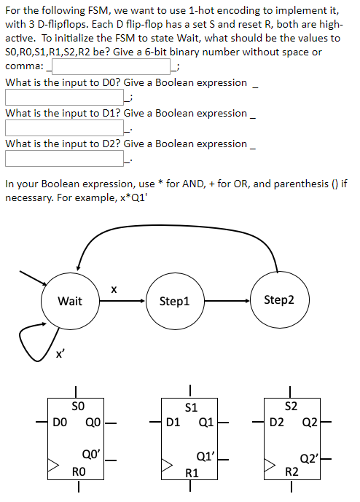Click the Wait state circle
click(70, 301)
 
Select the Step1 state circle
click(174, 301)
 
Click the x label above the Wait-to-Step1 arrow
click(113, 289)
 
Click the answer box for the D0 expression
click(67, 98)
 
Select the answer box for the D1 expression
click(67, 128)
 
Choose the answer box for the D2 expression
click(67, 159)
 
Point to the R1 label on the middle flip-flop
click(190, 473)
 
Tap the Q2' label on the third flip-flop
click(309, 459)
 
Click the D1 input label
click(173, 421)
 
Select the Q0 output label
click(93, 421)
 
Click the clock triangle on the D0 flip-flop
click(53, 463)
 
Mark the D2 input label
click(277, 421)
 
